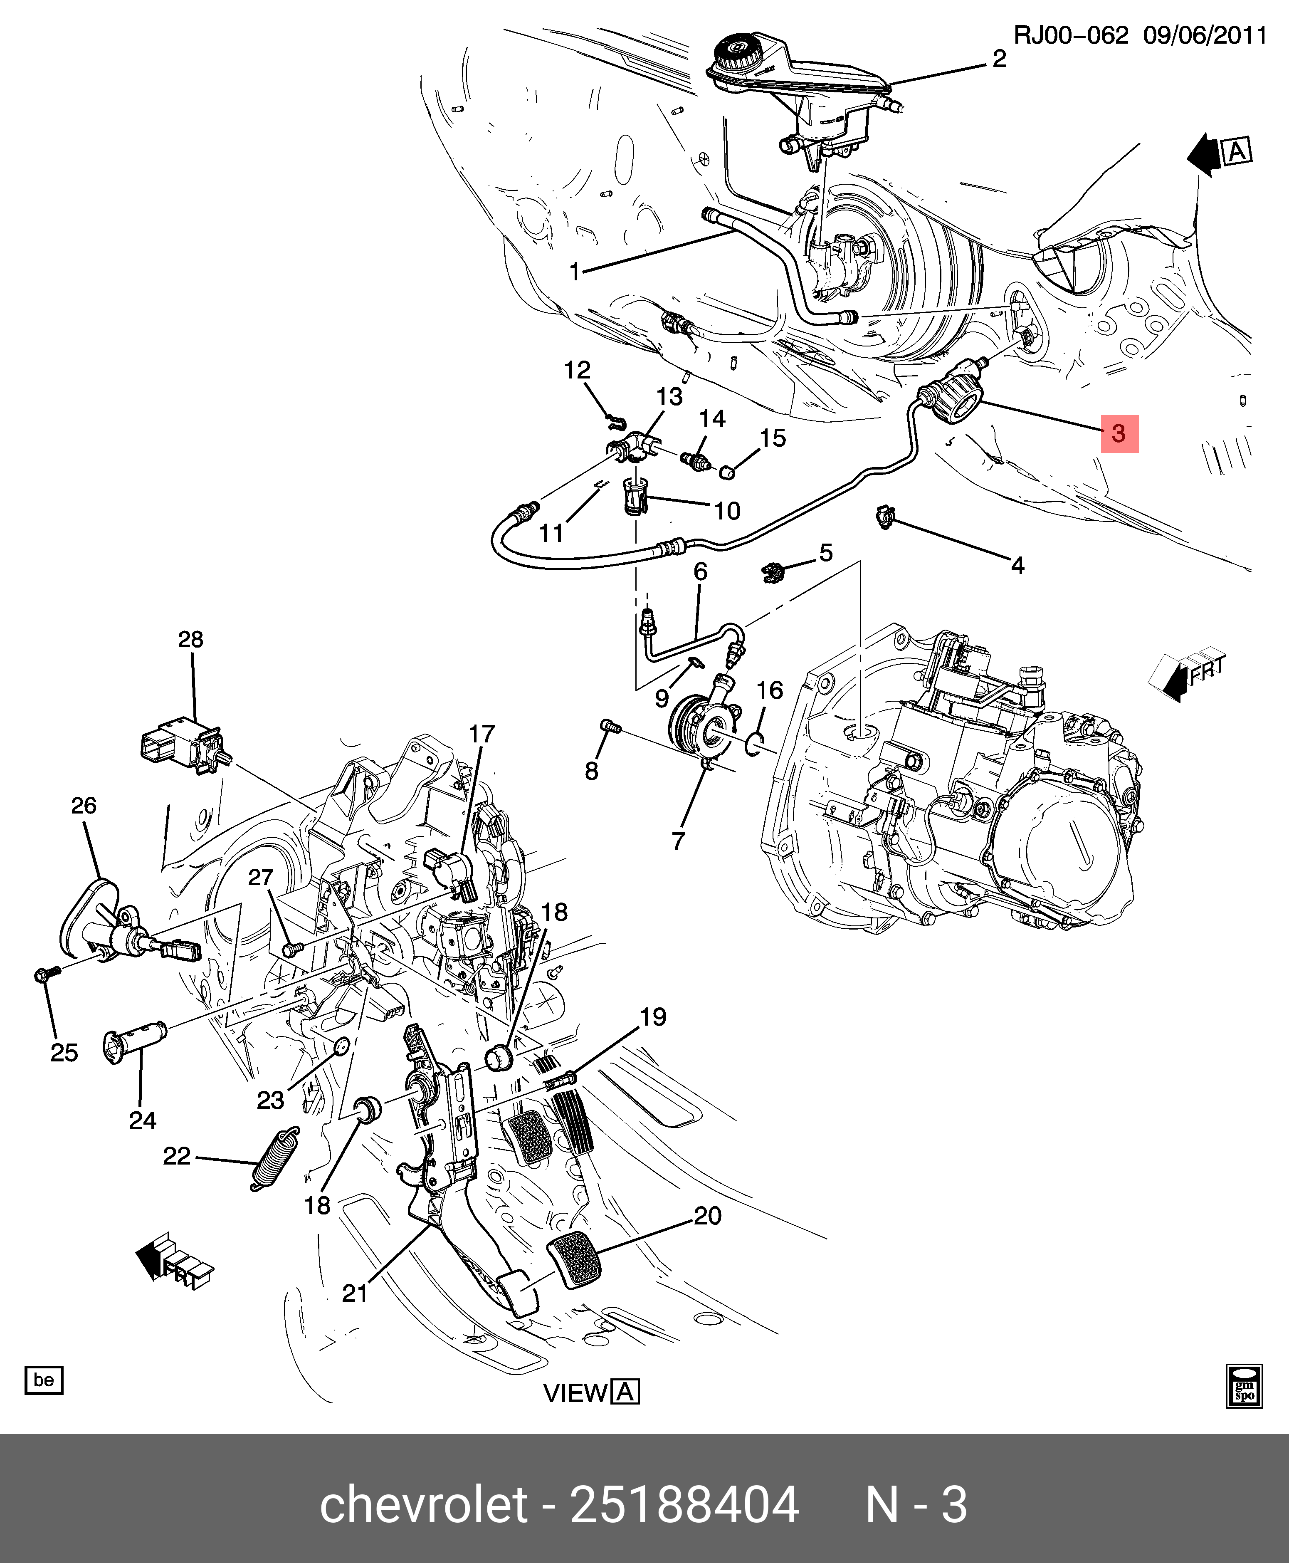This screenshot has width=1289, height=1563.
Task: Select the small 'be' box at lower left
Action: tap(44, 1380)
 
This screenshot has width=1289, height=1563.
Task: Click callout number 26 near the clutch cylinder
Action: tap(84, 806)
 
